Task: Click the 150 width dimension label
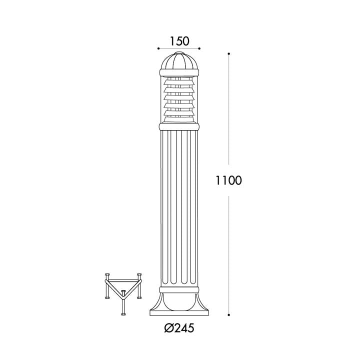click(179, 41)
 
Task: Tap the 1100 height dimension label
click(228, 180)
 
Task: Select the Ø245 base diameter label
click(179, 328)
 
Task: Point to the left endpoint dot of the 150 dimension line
click(158, 48)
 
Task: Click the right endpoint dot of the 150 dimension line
click(199, 48)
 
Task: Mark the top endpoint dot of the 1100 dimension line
click(228, 54)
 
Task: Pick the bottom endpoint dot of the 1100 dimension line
click(228, 315)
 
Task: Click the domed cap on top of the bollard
click(179, 61)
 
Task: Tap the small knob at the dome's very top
click(179, 53)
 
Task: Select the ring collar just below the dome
click(179, 72)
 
